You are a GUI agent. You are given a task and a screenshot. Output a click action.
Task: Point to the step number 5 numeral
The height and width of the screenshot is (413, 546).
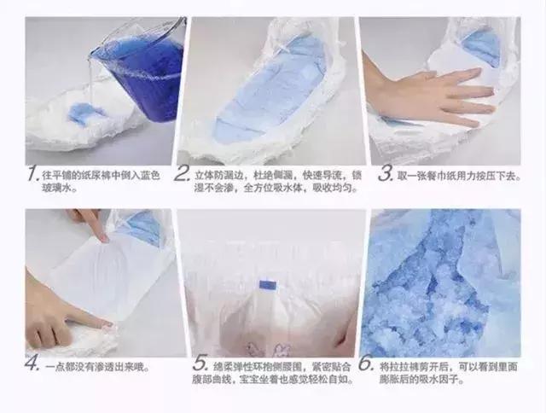(x=202, y=364)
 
